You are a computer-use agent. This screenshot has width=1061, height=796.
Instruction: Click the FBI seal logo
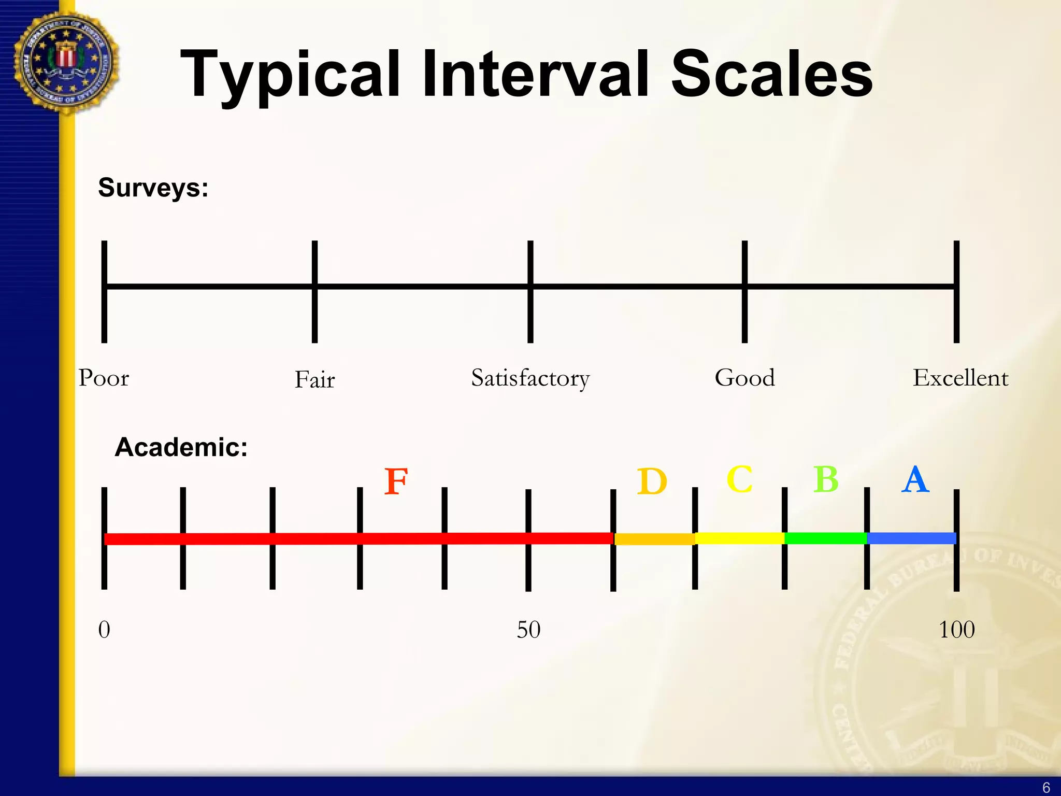coord(66,62)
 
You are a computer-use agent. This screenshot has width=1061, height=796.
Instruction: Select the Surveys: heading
coord(153,188)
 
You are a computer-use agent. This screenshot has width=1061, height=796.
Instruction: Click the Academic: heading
coord(181,447)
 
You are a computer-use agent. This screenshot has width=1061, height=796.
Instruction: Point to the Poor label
coord(104,378)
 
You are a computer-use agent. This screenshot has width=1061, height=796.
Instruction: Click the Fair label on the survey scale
coord(314,379)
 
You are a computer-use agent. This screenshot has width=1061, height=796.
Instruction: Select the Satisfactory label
coord(530,378)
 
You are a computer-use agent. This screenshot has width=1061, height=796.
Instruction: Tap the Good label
coord(744,378)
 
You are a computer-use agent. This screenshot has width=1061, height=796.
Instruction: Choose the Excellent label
coord(960,378)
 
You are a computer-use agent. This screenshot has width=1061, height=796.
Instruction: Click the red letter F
coord(396,481)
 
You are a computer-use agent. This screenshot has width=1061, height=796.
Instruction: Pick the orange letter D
coord(652,481)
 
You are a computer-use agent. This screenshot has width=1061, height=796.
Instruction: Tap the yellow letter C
coord(739,479)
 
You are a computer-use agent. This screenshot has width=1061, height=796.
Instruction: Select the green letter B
coord(826,479)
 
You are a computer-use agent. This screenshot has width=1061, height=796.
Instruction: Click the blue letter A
coord(915,479)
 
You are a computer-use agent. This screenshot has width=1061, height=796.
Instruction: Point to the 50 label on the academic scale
coord(528,630)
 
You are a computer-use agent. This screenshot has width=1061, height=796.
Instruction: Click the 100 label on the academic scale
coord(956,630)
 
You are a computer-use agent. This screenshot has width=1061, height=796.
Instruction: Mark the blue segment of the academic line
coord(911,538)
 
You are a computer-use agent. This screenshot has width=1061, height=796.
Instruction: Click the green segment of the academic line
coord(825,538)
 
